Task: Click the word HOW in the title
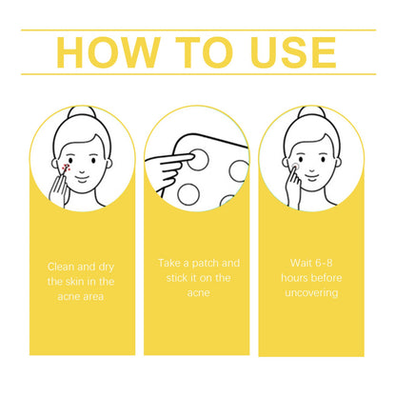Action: tap(109, 52)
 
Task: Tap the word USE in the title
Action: tap(293, 52)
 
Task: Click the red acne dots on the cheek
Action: tap(66, 168)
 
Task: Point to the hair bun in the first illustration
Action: tap(82, 112)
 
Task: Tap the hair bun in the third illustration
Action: tap(311, 112)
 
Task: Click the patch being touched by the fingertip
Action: tap(197, 160)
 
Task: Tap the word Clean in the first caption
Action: tap(62, 267)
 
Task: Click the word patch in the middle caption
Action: tap(206, 264)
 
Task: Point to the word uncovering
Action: tap(311, 292)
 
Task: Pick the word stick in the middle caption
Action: tap(176, 278)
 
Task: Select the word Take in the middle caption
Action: tap(168, 263)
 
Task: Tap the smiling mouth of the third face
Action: tap(312, 177)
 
